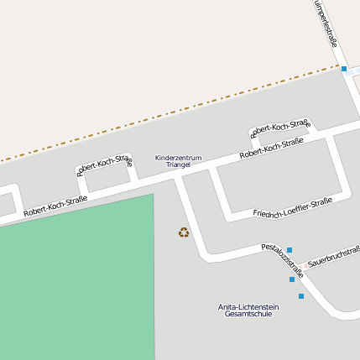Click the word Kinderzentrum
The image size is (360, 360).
pyautogui.click(x=178, y=158)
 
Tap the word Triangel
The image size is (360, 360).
pyautogui.click(x=178, y=165)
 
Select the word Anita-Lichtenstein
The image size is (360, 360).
pyautogui.click(x=248, y=307)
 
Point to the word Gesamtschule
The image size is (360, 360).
pyautogui.click(x=248, y=315)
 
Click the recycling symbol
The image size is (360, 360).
pyautogui.click(x=184, y=232)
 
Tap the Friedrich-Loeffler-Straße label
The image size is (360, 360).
pyautogui.click(x=292, y=208)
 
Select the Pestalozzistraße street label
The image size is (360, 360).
pyautogui.click(x=280, y=253)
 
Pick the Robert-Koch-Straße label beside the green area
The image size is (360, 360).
pyautogui.click(x=55, y=206)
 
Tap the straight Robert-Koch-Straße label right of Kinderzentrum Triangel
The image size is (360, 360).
pyautogui.click(x=271, y=149)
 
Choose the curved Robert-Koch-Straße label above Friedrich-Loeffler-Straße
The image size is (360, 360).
pyautogui.click(x=280, y=128)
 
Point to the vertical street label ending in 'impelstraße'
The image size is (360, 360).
pyautogui.click(x=326, y=25)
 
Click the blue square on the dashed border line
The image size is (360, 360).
pyautogui.click(x=344, y=69)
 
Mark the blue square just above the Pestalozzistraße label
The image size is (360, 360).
pyautogui.click(x=290, y=249)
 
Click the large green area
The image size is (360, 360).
pyautogui.click(x=76, y=277)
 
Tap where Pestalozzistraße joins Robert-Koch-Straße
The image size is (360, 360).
pyautogui.click(x=178, y=177)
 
